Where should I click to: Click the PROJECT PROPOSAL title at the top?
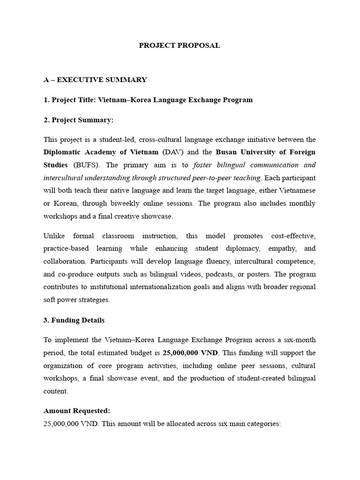tap(180, 45)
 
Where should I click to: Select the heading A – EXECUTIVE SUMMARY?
tap(95, 80)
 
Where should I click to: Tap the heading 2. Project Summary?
tap(78, 120)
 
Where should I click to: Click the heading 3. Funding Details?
tap(74, 320)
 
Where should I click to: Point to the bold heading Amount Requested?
tap(77, 411)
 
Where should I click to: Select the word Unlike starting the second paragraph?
tap(54, 236)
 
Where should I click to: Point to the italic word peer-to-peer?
tap(216, 178)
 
